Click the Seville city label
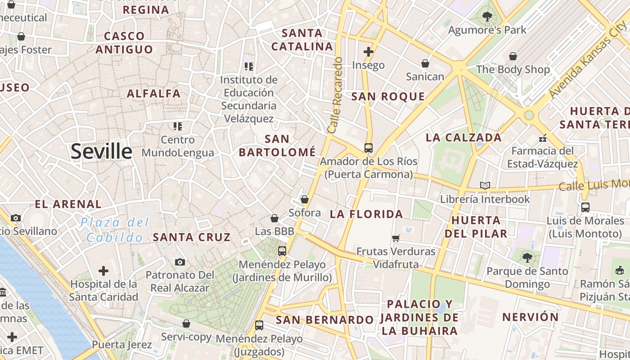tap(101, 152)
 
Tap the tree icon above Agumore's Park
tap(487, 17)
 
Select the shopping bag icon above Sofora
tap(305, 199)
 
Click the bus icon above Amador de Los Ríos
tap(368, 148)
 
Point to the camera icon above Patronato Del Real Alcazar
tap(180, 262)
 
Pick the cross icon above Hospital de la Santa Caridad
tap(103, 271)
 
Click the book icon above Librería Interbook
tap(485, 185)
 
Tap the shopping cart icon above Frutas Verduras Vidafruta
tap(396, 238)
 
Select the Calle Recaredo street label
tap(335, 94)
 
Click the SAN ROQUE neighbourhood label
tap(388, 96)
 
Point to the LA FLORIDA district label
tap(366, 214)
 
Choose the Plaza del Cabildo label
tap(115, 230)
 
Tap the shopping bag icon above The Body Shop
tap(513, 56)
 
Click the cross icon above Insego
tap(369, 52)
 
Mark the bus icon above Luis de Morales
tap(585, 207)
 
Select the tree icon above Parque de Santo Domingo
tap(527, 258)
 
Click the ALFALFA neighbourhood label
tap(153, 94)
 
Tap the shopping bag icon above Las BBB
tap(274, 218)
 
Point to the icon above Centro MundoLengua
tap(178, 126)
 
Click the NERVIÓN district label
tap(530, 317)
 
